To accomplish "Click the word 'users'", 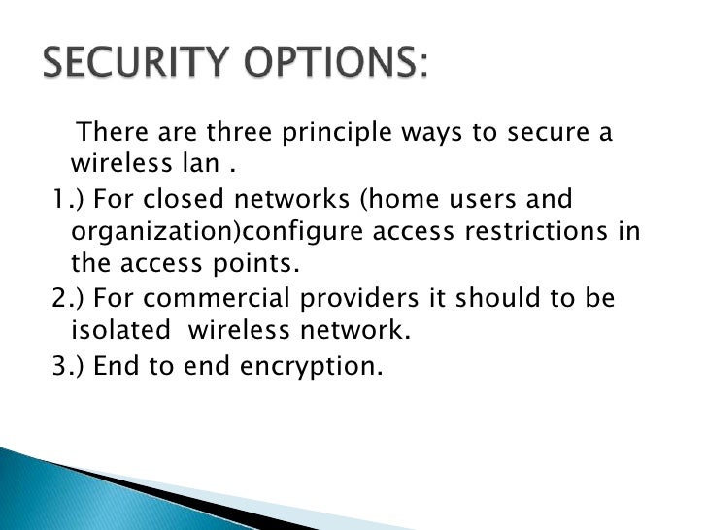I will point(479,201).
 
